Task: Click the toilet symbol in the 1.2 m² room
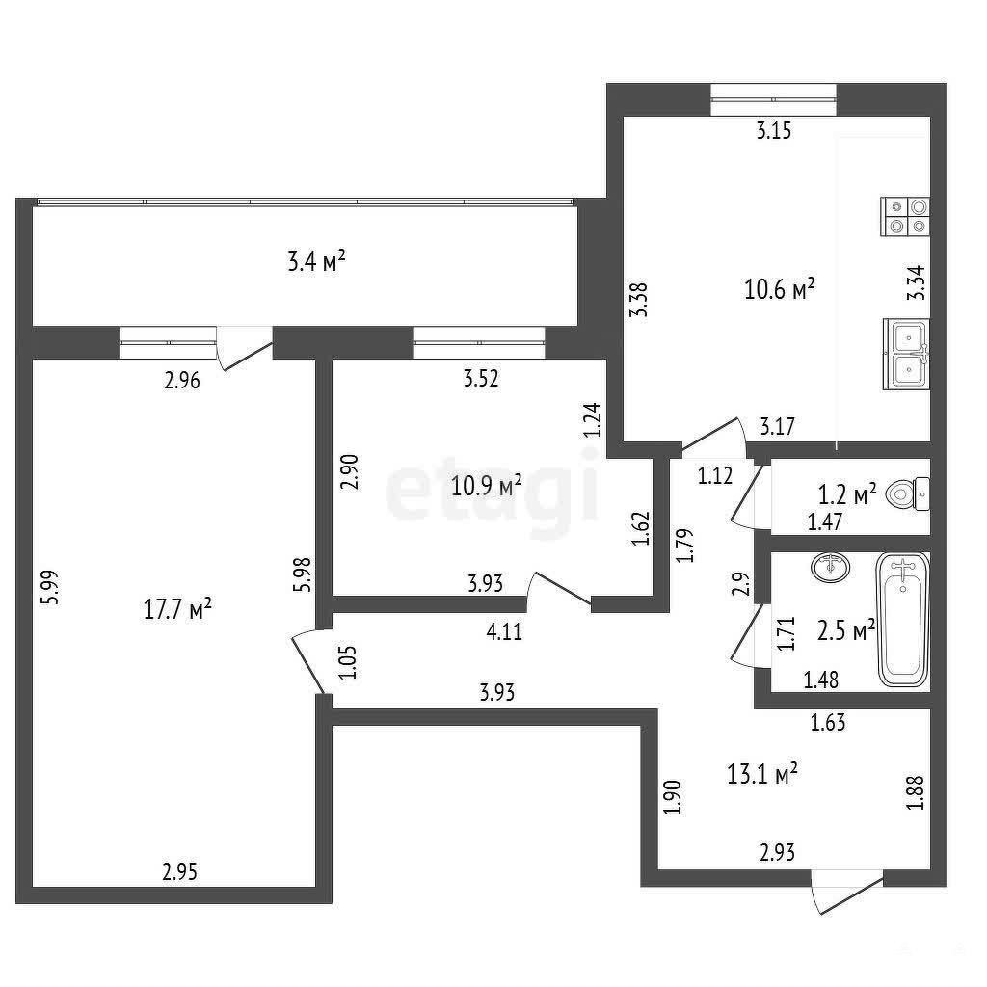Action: pyautogui.click(x=907, y=493)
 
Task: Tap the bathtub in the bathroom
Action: pyautogui.click(x=903, y=621)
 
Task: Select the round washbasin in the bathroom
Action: pyautogui.click(x=830, y=567)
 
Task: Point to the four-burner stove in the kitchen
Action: pyautogui.click(x=905, y=216)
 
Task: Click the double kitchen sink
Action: pyautogui.click(x=906, y=353)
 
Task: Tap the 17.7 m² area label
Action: pyautogui.click(x=177, y=609)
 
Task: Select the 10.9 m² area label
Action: pyautogui.click(x=487, y=486)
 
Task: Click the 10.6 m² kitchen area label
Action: pyautogui.click(x=780, y=289)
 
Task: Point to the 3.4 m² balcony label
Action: pyautogui.click(x=316, y=260)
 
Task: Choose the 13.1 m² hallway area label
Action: pyautogui.click(x=762, y=774)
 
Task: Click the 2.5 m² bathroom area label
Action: pyautogui.click(x=846, y=630)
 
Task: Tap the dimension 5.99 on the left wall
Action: pyautogui.click(x=49, y=587)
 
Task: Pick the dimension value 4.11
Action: pyautogui.click(x=504, y=631)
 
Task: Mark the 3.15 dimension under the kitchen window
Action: pyautogui.click(x=774, y=131)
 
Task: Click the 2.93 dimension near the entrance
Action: pyautogui.click(x=778, y=852)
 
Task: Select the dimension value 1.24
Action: pyautogui.click(x=593, y=420)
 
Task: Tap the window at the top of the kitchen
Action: pyautogui.click(x=774, y=99)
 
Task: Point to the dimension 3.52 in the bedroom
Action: pyautogui.click(x=481, y=378)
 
